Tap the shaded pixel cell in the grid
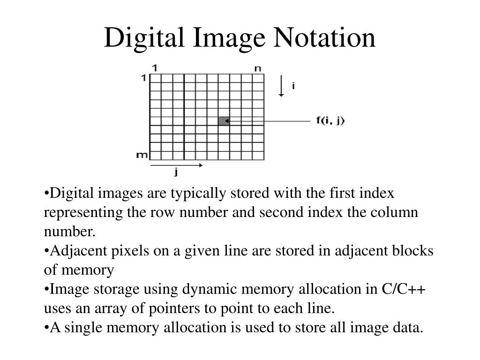[x=224, y=121]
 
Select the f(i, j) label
[x=330, y=120]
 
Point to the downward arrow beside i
[x=281, y=86]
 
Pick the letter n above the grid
[x=257, y=68]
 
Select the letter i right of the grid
[x=293, y=86]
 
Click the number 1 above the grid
[x=155, y=68]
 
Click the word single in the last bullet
[x=82, y=328]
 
